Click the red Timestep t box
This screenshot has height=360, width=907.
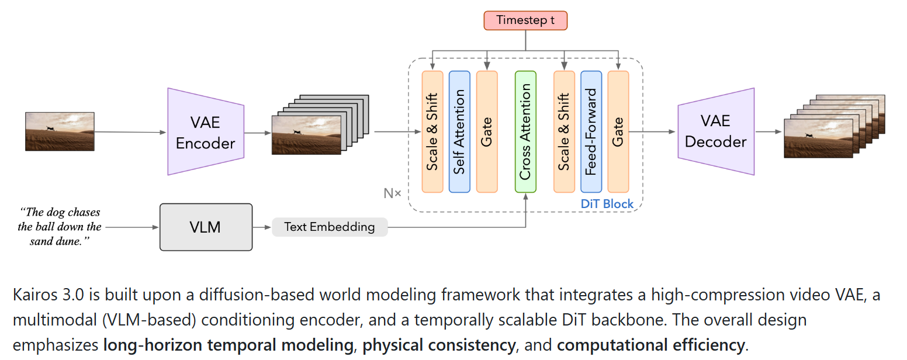tap(525, 20)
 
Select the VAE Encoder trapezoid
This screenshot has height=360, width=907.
tap(205, 131)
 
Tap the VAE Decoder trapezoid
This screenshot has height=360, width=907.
tap(715, 131)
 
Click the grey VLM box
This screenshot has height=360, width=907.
tap(206, 227)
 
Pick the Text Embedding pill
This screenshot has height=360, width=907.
tap(330, 227)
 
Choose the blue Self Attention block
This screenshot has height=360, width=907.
tap(459, 131)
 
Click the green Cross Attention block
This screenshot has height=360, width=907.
tap(525, 131)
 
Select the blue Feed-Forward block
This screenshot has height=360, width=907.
tap(591, 131)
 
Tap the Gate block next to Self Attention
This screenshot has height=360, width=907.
tap(487, 131)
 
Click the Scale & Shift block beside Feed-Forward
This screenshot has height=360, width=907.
tap(564, 131)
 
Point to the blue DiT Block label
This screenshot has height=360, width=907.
tap(607, 204)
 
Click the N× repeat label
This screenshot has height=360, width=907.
tap(392, 193)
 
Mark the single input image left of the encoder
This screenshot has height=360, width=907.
tap(60, 131)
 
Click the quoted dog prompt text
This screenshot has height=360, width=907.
tap(60, 227)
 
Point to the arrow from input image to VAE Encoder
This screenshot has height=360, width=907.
tap(130, 132)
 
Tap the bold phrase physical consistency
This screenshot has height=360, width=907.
tap(439, 345)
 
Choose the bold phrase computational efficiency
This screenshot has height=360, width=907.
tap(650, 345)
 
